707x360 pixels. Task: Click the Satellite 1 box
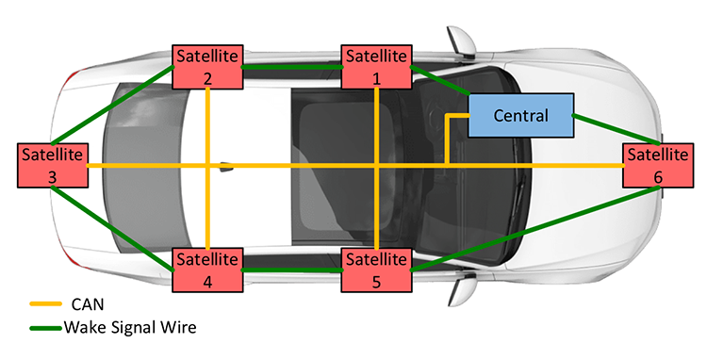tap(376, 67)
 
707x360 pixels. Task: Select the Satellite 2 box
tap(207, 67)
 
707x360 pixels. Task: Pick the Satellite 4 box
tap(207, 270)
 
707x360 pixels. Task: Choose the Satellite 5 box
tap(376, 270)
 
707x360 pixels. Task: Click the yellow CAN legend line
tap(43, 304)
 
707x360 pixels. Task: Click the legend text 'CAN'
tap(87, 304)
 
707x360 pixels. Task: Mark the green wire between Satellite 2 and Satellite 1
tap(292, 67)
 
